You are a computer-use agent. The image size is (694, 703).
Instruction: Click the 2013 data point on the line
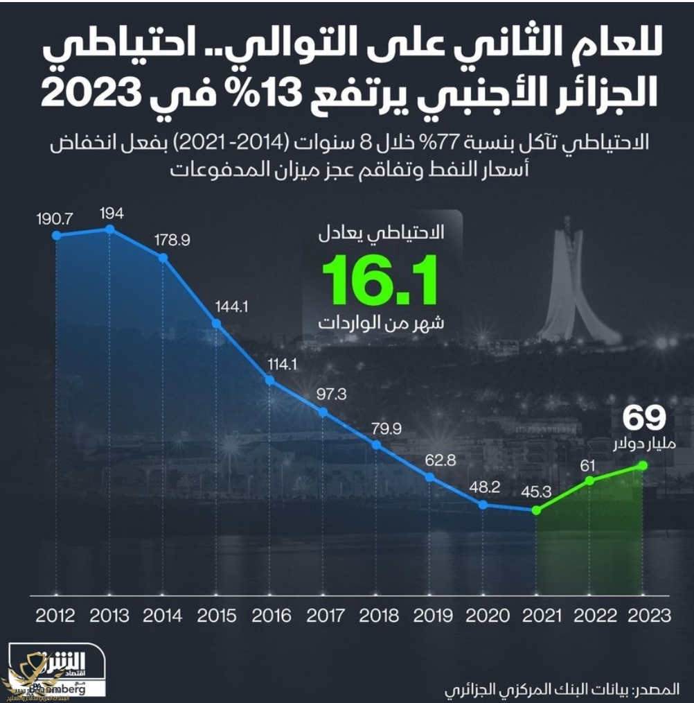coord(109,229)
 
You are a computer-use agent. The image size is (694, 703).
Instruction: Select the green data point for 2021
coord(536,510)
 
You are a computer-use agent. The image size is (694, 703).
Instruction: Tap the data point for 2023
coord(642,465)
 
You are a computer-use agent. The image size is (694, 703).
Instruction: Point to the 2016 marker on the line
coord(269,380)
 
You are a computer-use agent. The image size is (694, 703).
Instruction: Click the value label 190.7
coord(56,218)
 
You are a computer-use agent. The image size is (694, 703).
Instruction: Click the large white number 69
coord(643,418)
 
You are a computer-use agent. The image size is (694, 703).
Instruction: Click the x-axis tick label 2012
coord(55,616)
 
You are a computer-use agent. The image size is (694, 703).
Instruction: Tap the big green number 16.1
coord(380,281)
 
